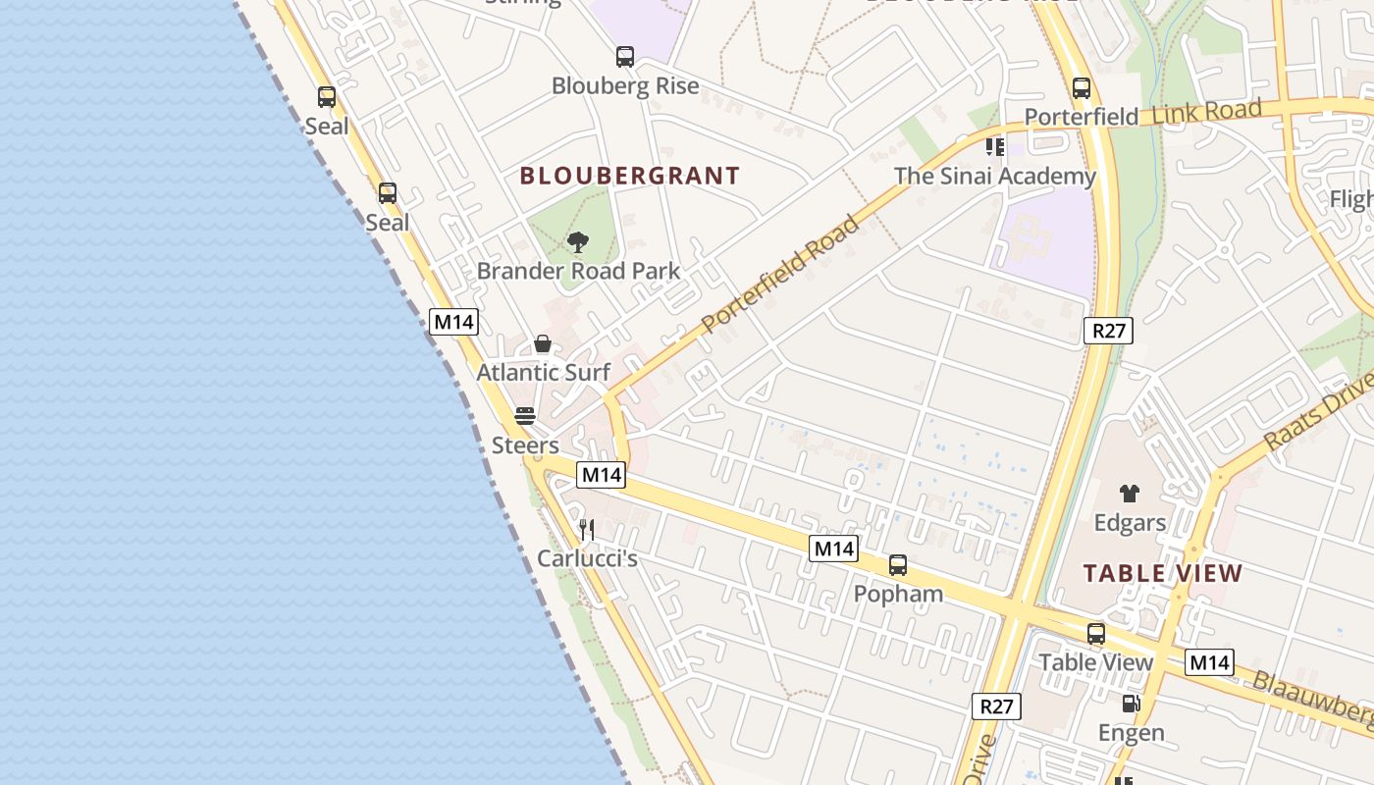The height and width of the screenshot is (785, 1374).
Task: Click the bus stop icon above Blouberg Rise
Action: [625, 57]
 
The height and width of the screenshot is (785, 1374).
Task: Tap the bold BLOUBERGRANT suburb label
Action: [629, 177]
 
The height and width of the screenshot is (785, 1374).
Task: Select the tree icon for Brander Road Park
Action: [578, 242]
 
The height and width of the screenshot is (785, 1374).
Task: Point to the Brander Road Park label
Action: [578, 271]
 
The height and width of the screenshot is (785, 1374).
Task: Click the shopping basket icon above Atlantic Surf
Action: [542, 344]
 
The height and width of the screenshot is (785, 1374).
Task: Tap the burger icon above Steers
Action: [525, 416]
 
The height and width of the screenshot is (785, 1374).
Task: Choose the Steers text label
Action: [525, 445]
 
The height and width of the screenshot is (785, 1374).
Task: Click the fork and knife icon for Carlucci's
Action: [587, 531]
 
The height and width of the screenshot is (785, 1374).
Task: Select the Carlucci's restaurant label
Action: [587, 559]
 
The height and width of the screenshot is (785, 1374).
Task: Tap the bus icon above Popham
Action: [898, 565]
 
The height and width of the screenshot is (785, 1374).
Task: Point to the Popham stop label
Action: [898, 594]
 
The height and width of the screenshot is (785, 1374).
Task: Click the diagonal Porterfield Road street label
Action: [781, 273]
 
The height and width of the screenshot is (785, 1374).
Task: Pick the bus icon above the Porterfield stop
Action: [1082, 88]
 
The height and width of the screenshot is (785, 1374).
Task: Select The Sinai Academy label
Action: [994, 177]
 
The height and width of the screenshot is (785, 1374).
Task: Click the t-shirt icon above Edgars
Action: [1130, 494]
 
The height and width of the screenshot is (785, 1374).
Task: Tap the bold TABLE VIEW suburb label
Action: [1163, 573]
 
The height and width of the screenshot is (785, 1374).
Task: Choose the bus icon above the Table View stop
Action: [1096, 634]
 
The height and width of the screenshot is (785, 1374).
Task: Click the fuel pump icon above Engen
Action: [1131, 704]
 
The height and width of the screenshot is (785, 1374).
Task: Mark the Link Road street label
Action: [1206, 112]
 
